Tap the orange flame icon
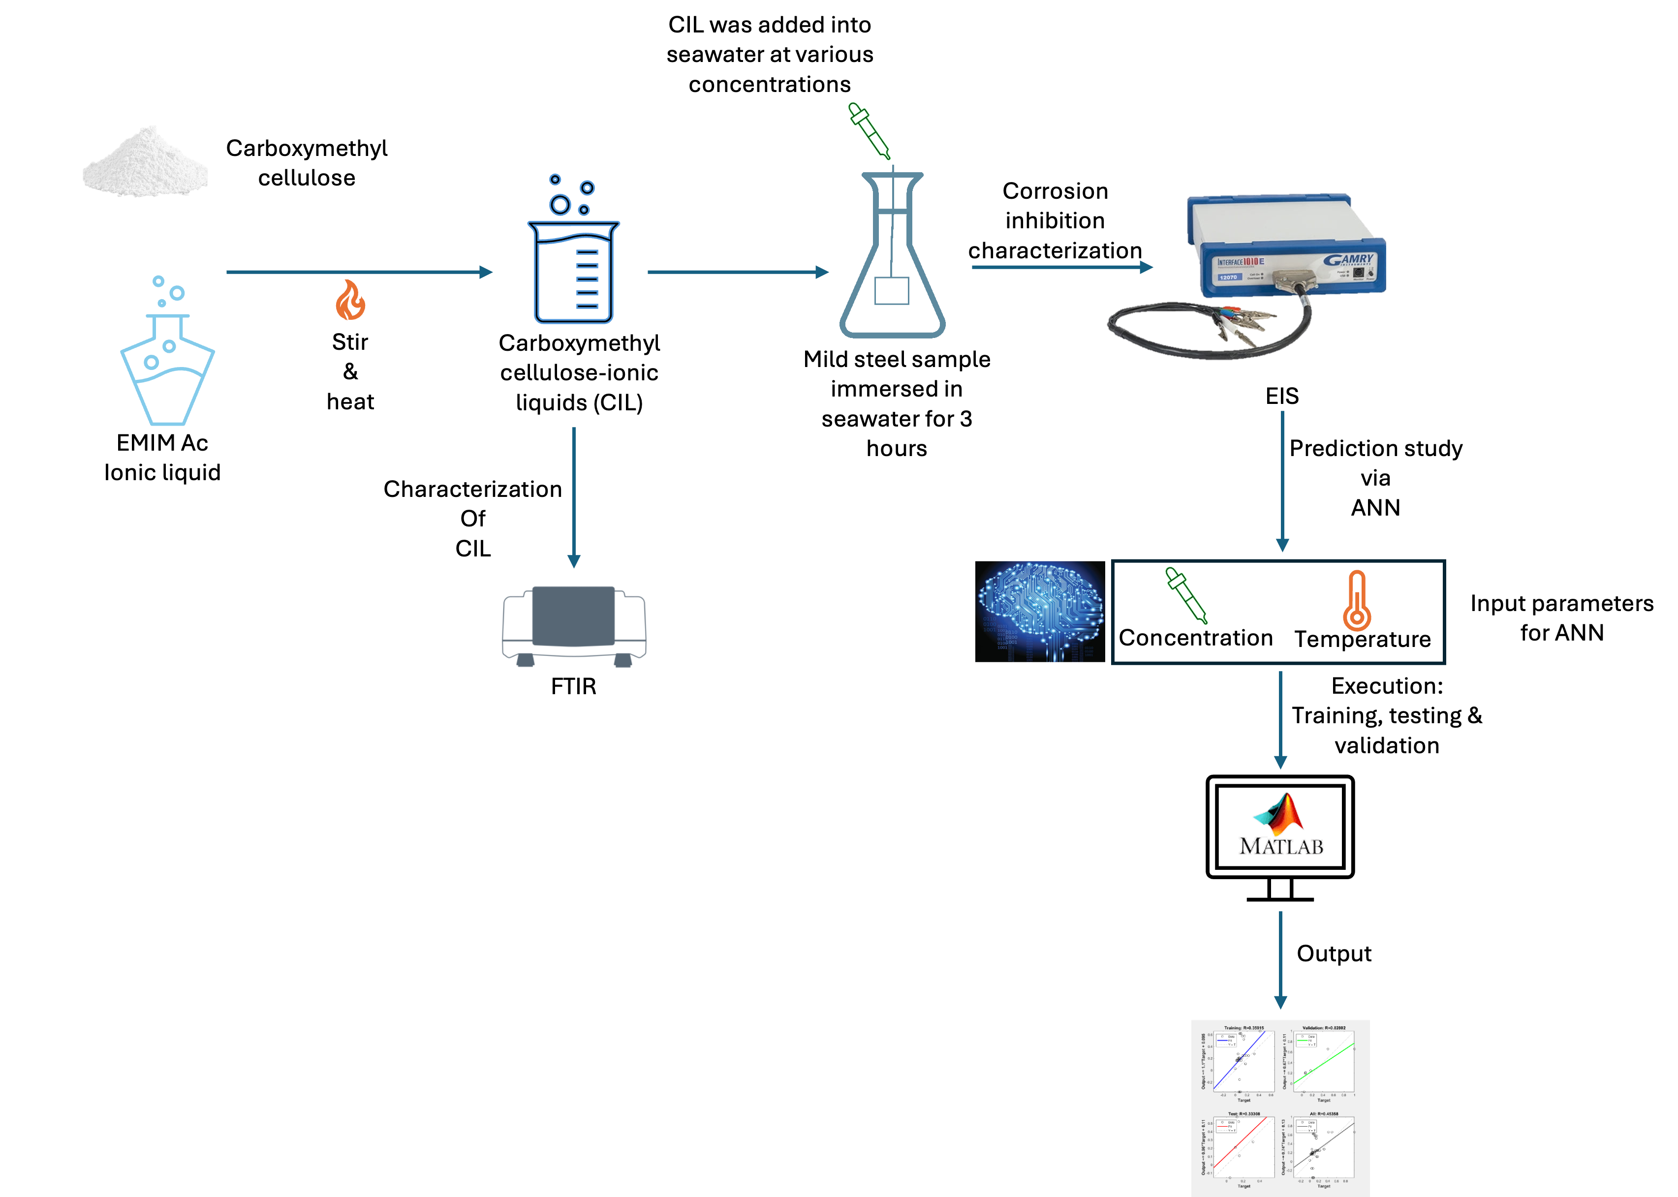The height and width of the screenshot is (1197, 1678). tap(350, 300)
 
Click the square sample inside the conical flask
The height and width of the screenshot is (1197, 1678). tap(891, 290)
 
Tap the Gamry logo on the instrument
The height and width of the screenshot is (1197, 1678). tap(1348, 260)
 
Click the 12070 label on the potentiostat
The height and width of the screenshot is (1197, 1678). tap(1228, 277)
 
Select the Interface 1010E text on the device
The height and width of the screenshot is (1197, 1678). tap(1241, 262)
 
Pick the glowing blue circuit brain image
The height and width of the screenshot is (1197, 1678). tap(1040, 611)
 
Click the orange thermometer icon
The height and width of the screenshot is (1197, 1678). tap(1357, 601)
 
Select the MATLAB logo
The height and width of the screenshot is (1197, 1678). tap(1279, 826)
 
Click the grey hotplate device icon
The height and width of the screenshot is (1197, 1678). tap(574, 625)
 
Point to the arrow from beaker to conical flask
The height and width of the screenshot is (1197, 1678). tap(737, 272)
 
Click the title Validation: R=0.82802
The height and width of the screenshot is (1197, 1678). tap(1324, 1027)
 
